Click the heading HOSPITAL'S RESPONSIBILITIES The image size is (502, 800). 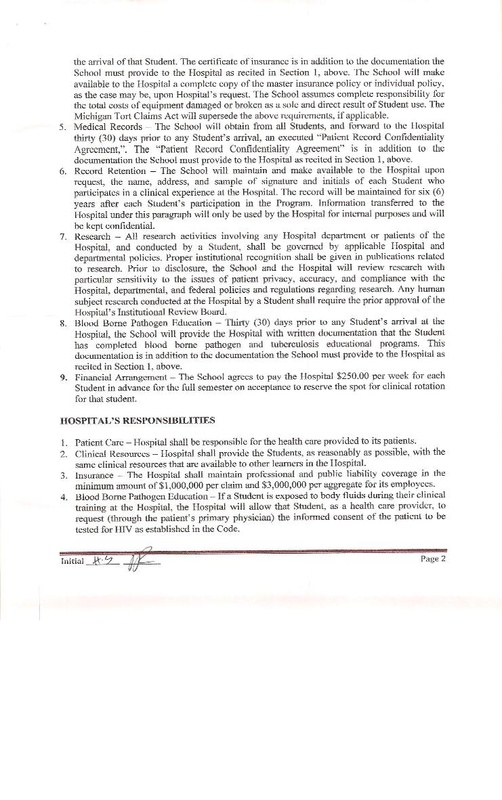pyautogui.click(x=138, y=420)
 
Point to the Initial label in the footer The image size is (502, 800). pyautogui.click(x=72, y=561)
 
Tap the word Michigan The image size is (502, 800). pyautogui.click(x=95, y=115)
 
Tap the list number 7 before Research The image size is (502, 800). pyautogui.click(x=62, y=236)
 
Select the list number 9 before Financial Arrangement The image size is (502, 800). pyautogui.click(x=62, y=376)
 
